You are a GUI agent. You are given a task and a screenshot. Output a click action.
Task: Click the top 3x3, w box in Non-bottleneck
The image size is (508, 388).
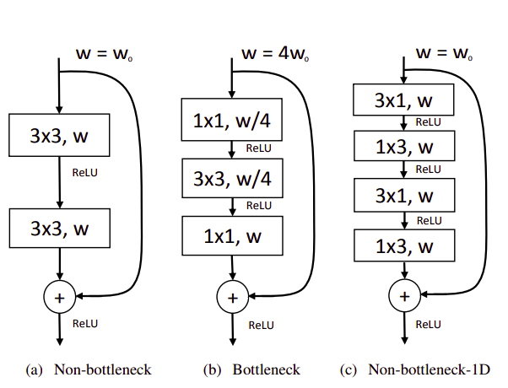click(59, 136)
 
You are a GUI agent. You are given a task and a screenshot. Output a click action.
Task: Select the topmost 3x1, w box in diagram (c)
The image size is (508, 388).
click(403, 101)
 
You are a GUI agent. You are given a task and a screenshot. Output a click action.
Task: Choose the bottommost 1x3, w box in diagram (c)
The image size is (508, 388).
click(403, 246)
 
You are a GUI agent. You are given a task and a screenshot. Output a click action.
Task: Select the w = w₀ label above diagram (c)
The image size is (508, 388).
click(442, 52)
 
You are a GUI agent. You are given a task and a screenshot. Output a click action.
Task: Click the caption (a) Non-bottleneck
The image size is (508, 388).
click(89, 369)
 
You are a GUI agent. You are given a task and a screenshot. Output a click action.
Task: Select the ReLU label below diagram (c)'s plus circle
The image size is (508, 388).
click(429, 324)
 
